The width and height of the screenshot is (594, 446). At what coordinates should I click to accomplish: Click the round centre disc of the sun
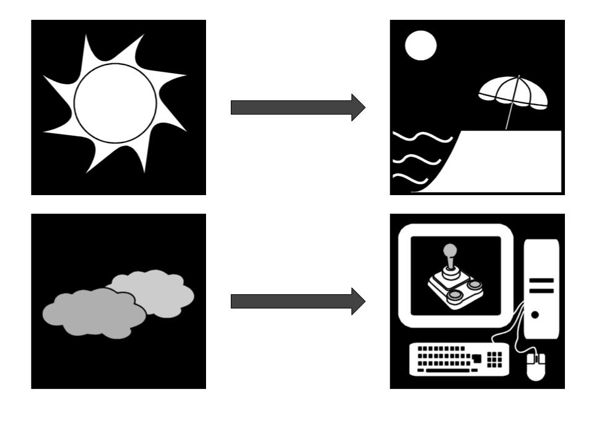[x=115, y=103]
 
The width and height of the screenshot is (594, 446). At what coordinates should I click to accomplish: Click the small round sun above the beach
[x=421, y=46]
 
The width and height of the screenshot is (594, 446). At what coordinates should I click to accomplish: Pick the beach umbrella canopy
[x=514, y=91]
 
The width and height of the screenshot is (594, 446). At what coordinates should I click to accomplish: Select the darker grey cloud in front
[x=93, y=313]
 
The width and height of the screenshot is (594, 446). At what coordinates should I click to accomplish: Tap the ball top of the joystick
[x=450, y=250]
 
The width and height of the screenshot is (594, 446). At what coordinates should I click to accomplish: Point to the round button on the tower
[x=535, y=315]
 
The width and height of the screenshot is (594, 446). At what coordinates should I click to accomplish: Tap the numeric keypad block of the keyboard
[x=495, y=359]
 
